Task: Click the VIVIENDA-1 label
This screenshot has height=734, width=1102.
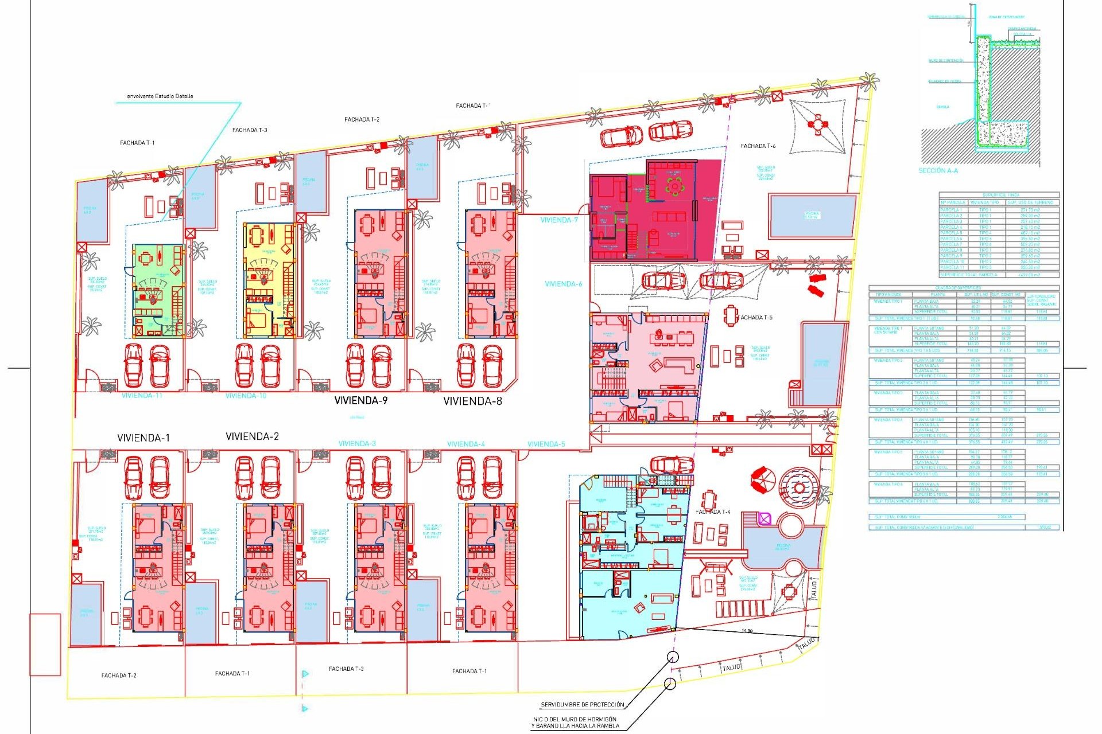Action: point(143,438)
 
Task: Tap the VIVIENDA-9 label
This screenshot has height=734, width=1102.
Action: point(361,401)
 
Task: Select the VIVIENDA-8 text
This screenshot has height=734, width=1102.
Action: point(472,401)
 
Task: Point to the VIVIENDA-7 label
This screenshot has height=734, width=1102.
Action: point(559,220)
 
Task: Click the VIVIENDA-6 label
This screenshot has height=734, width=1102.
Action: point(563,284)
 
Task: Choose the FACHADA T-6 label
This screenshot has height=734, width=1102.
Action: point(758,146)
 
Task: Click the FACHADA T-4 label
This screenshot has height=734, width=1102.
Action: point(713,512)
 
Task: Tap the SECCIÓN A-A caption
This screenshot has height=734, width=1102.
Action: point(938,171)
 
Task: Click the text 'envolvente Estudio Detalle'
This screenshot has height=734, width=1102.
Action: point(160,96)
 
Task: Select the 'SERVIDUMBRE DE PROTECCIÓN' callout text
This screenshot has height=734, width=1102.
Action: point(582,705)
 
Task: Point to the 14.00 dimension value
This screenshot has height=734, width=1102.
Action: point(747,631)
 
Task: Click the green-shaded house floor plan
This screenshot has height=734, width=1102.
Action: point(158,291)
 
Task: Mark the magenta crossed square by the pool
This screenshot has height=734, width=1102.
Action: point(764,519)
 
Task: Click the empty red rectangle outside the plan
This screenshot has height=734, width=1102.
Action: point(45,645)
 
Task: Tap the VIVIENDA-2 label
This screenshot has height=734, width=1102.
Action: point(252,437)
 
